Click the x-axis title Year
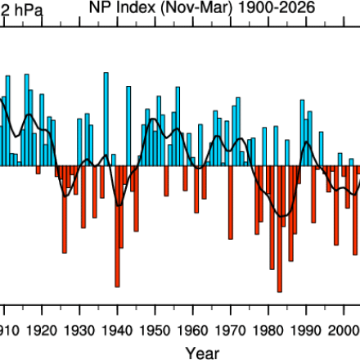point(201,353)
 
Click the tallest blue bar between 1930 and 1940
point(106,119)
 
